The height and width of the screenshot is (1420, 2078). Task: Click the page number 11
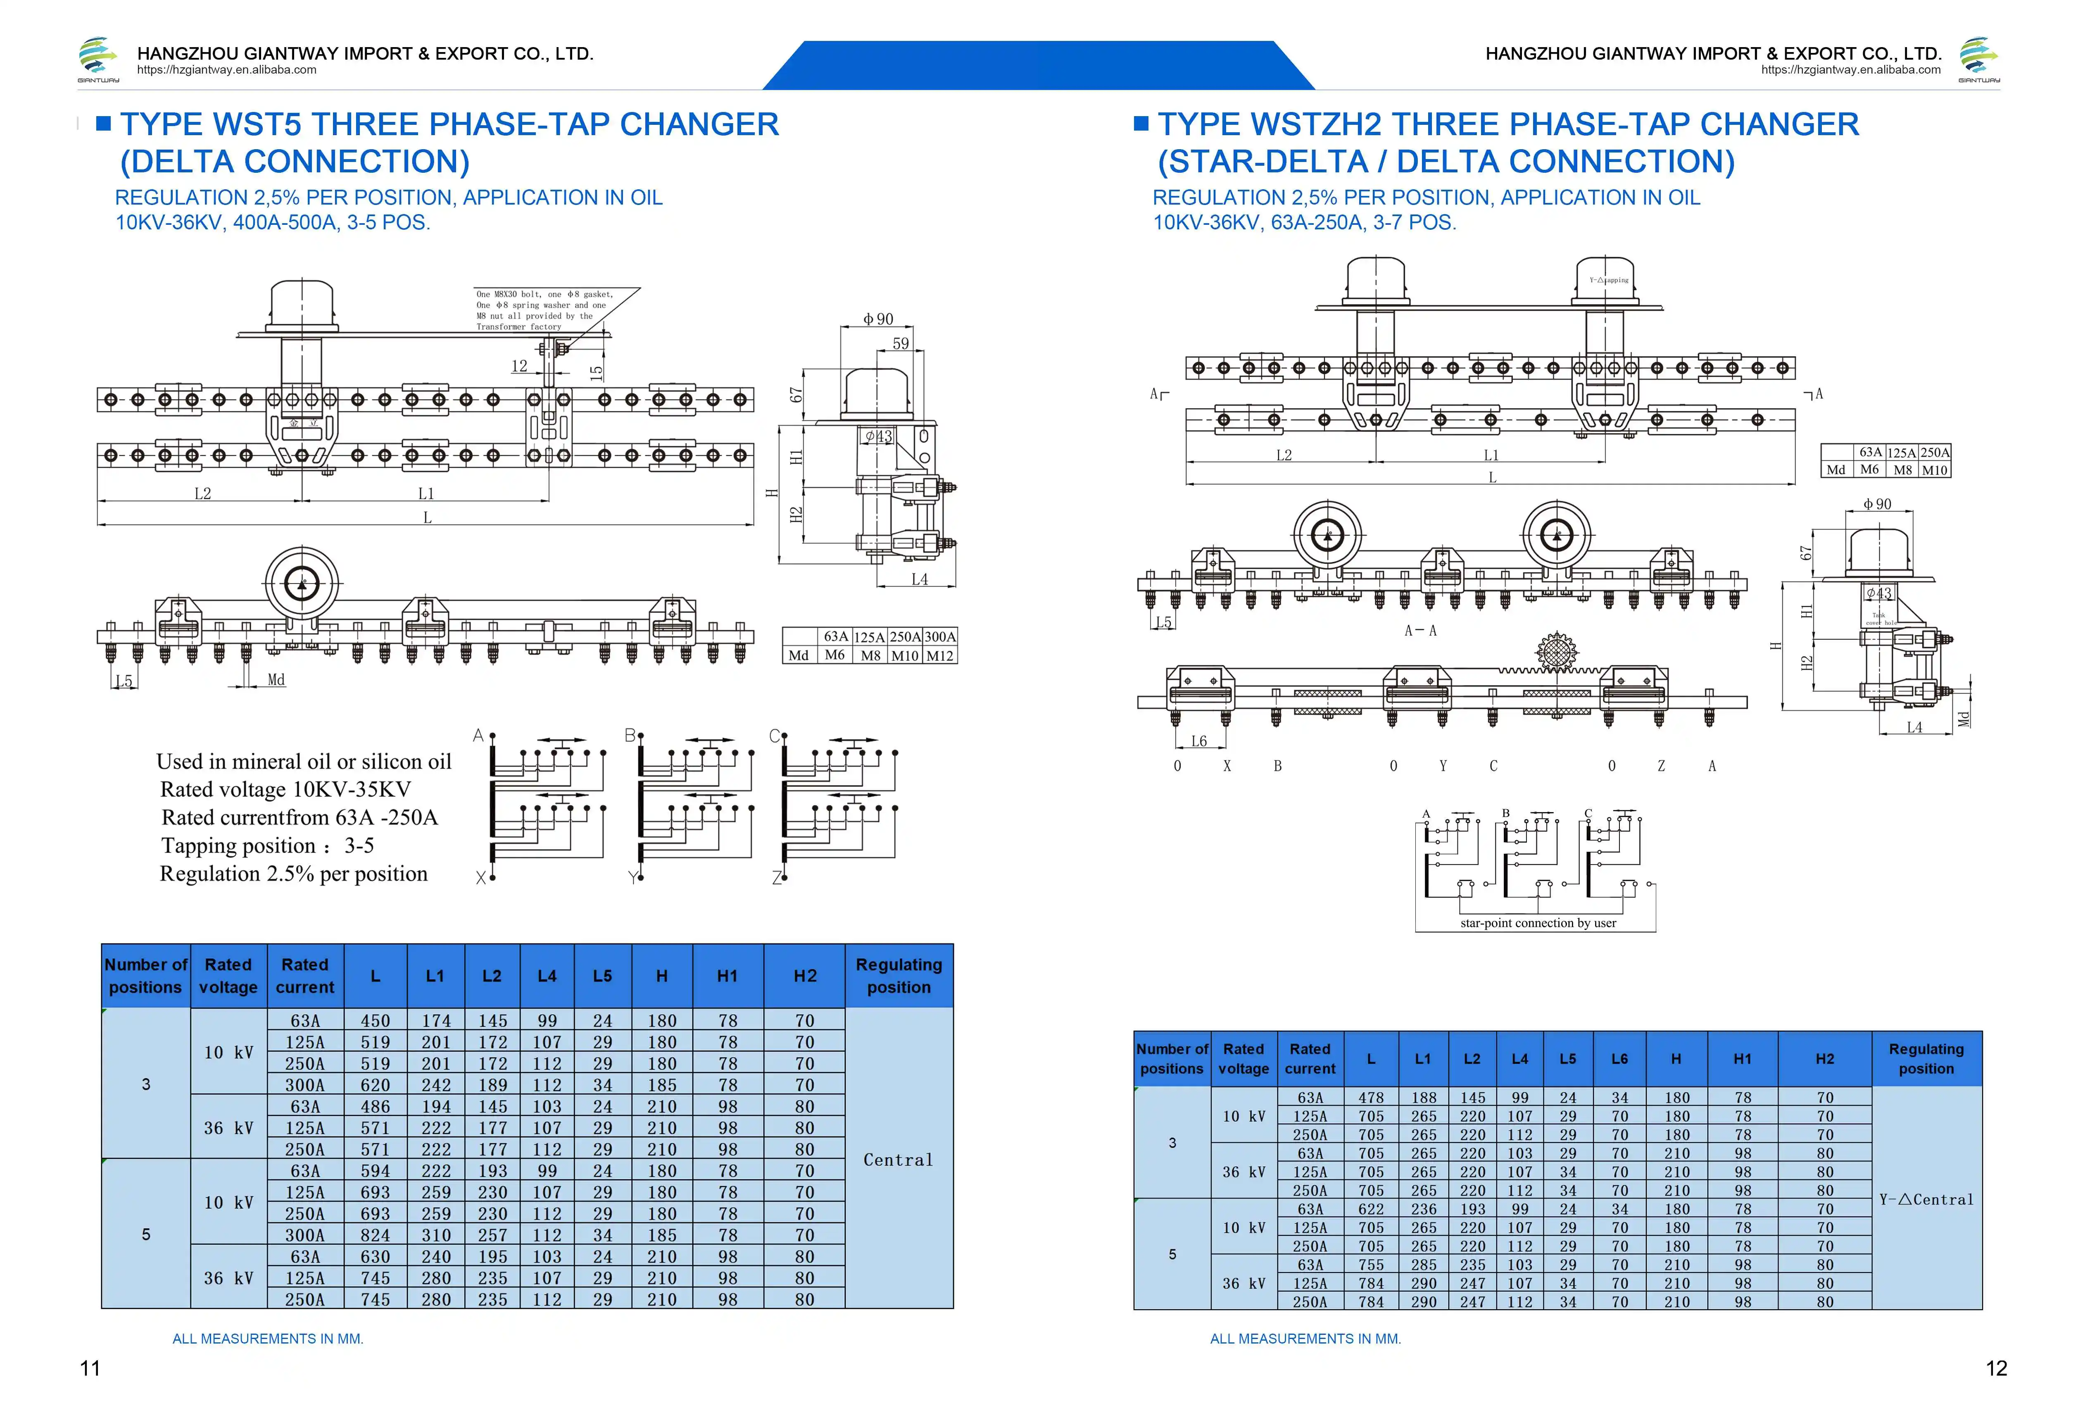90,1368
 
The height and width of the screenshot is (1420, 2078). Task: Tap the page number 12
1996,1368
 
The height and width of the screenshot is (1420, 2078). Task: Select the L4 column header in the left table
546,976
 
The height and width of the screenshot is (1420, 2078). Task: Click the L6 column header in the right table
1619,1059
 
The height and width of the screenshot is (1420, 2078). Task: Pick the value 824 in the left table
376,1235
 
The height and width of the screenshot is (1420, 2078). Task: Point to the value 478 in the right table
1371,1097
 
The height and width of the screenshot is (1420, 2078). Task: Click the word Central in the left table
898,1160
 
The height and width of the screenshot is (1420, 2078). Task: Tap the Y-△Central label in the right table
1926,1199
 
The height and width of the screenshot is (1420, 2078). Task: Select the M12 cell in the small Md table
940,655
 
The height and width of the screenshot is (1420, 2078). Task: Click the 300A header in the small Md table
940,637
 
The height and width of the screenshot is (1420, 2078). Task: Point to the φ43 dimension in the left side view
878,436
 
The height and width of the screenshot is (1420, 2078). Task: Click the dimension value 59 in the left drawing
901,343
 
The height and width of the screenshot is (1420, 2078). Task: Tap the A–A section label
1420,630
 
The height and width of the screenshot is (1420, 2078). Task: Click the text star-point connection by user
1538,923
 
